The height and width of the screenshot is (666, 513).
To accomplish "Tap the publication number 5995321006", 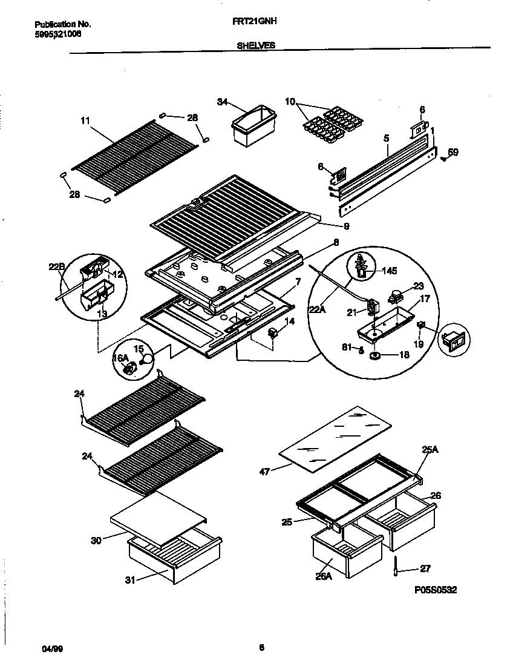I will [x=57, y=34].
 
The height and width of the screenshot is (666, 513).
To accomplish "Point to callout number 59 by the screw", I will [x=453, y=153].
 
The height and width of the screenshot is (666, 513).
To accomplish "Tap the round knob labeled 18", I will [x=374, y=354].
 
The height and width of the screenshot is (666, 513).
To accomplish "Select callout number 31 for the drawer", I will [x=129, y=580].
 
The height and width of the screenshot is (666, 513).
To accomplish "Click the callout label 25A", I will [x=430, y=450].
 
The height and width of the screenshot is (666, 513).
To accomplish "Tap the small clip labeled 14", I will [x=272, y=332].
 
